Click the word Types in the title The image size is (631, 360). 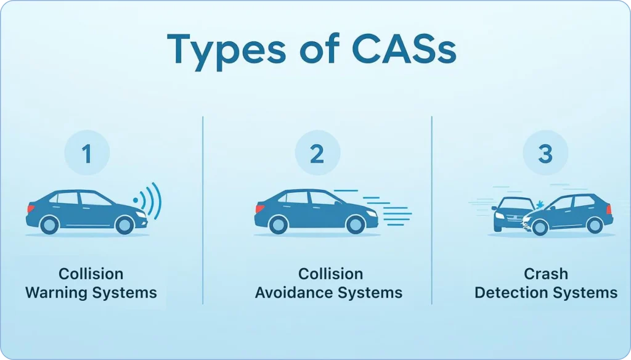226,52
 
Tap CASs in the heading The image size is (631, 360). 404,49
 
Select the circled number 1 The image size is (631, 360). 87,153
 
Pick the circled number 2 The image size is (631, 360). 317,153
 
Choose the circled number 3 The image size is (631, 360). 545,153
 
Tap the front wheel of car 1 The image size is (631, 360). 124,225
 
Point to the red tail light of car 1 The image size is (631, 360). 30,208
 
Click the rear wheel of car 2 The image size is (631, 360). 278,225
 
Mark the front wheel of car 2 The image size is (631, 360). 356,225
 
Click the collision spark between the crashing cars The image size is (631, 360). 539,205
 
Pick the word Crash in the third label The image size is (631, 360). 546,274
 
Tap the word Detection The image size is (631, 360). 507,293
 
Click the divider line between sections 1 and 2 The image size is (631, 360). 203,210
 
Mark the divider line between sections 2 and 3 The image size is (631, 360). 432,210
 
